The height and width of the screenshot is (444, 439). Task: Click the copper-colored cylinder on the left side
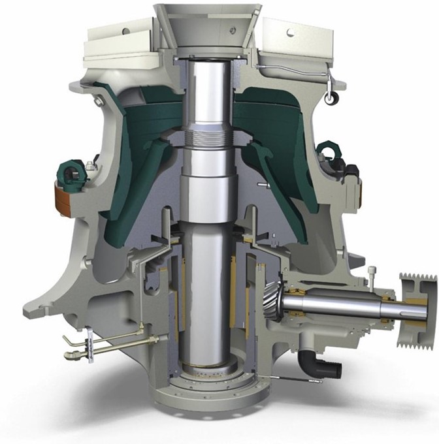[x=65, y=198]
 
